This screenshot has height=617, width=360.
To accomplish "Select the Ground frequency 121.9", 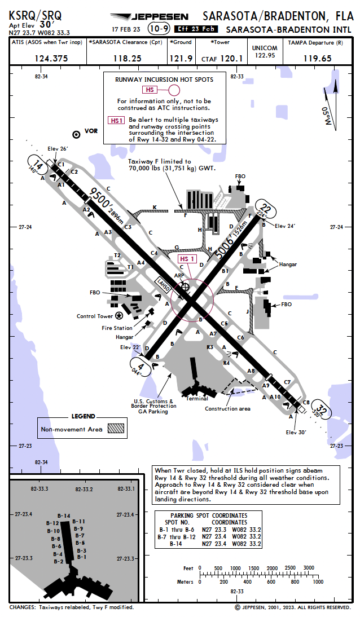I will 182,58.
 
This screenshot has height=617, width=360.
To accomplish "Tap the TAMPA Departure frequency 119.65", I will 318,58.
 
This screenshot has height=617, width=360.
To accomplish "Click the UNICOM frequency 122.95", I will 265,55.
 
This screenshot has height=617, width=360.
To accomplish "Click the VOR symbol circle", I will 76,134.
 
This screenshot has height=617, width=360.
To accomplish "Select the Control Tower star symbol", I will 118,316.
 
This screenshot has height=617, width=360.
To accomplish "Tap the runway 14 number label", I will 37,166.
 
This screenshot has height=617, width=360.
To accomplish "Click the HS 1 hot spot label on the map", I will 187,259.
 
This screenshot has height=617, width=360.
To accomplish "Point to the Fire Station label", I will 117,328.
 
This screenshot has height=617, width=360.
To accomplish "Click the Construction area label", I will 227,408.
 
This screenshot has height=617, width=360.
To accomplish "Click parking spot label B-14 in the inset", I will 64,516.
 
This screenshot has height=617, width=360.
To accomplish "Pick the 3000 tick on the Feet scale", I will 308,568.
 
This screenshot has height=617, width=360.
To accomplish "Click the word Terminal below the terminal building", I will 197,398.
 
